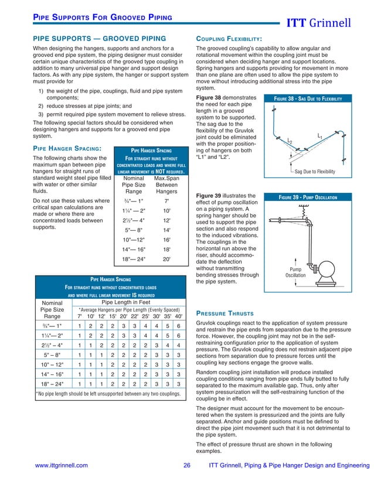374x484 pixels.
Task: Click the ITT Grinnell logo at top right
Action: pyautogui.click(x=326, y=24)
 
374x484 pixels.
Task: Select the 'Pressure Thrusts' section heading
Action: pyautogui.click(x=226, y=312)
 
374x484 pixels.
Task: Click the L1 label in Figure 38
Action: pyautogui.click(x=319, y=137)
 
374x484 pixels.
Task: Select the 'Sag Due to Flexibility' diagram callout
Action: pyautogui.click(x=314, y=172)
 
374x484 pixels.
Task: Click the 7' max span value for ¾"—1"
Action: pyautogui.click(x=166, y=201)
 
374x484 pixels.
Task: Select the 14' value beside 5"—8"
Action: pyautogui.click(x=166, y=230)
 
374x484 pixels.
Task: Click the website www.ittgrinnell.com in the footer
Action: pyautogui.click(x=61, y=465)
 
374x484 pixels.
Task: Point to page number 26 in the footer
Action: pyautogui.click(x=187, y=465)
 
